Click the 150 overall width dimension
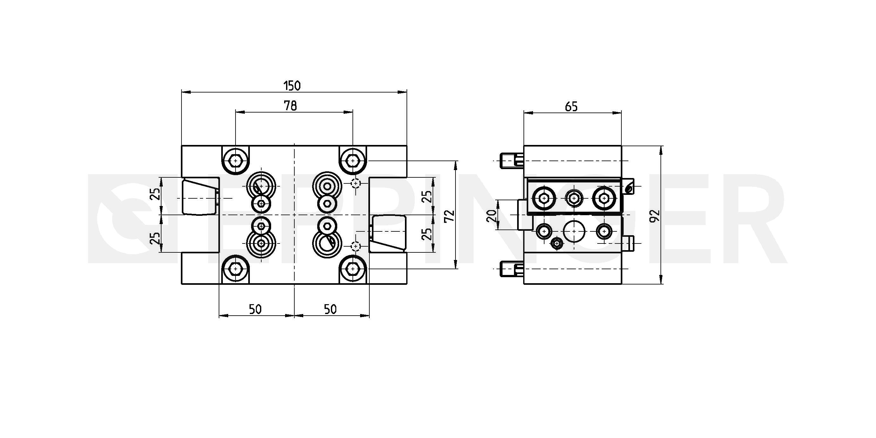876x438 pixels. [x=292, y=86]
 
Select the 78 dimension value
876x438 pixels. [x=291, y=106]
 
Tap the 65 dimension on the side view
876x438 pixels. [x=571, y=107]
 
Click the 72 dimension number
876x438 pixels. [x=449, y=216]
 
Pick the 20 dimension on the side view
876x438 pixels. [x=491, y=216]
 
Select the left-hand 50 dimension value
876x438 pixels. [x=255, y=310]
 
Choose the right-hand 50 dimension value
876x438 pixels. [x=330, y=310]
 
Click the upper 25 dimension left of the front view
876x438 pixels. [x=155, y=194]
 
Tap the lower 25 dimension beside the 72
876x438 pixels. [x=427, y=234]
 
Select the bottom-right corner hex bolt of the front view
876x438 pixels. [x=353, y=269]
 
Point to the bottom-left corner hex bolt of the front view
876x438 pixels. [x=235, y=269]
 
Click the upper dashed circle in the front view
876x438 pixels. [x=356, y=183]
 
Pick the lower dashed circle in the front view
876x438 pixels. [x=356, y=246]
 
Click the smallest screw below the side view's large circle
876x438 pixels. [x=557, y=243]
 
